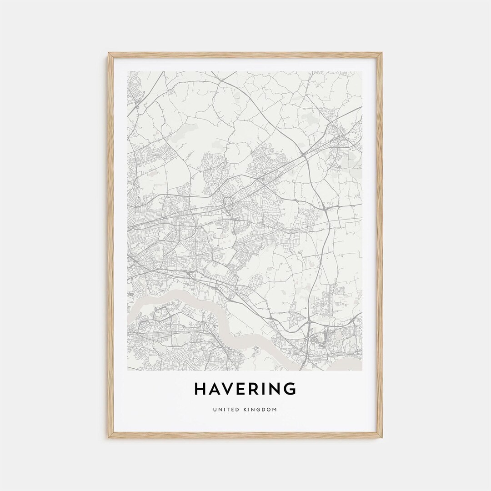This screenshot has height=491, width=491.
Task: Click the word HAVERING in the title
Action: click(x=245, y=389)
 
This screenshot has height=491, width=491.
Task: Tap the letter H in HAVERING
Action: click(x=200, y=389)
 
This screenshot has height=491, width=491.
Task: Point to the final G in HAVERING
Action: click(x=290, y=389)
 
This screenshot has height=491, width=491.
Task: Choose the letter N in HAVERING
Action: click(x=276, y=389)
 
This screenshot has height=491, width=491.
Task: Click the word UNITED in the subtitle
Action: click(x=225, y=410)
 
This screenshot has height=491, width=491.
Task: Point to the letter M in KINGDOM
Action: click(x=275, y=410)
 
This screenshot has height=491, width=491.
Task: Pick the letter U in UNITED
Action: click(x=214, y=410)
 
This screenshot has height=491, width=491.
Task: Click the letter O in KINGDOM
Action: click(x=269, y=410)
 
